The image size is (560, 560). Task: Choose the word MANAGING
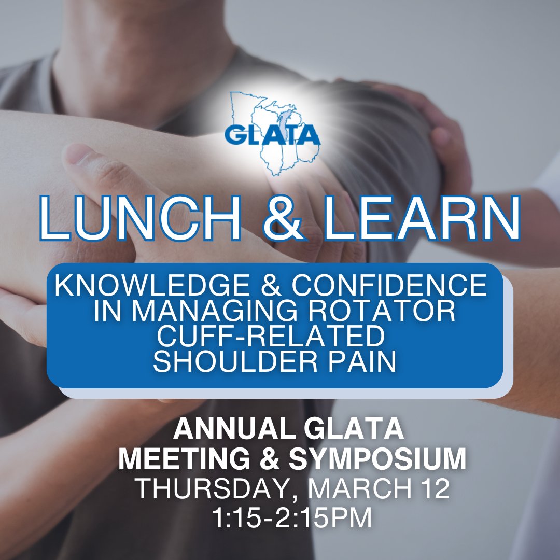tap(227, 312)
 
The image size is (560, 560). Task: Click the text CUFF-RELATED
tap(271, 338)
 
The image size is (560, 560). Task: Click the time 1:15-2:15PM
tap(292, 518)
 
